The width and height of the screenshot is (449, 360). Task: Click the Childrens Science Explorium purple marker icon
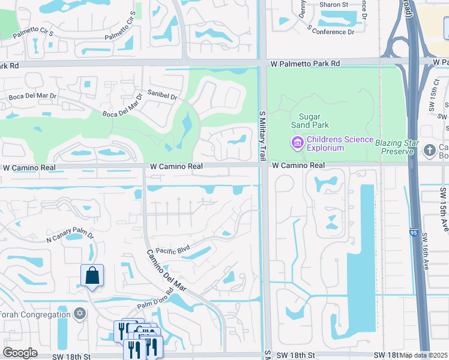coord(297,143)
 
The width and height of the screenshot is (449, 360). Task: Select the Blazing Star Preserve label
coord(395,147)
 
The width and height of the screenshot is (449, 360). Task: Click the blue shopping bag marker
coord(92,275)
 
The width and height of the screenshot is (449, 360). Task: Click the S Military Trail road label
coord(262,135)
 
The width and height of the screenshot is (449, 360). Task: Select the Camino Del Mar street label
coord(167,271)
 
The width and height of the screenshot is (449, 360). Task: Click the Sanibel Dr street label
coord(163,96)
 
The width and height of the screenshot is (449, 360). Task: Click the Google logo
coord(20,353)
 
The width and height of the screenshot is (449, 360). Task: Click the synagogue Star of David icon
coord(79,313)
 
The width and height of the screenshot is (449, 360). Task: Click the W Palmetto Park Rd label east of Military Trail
coord(305,63)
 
